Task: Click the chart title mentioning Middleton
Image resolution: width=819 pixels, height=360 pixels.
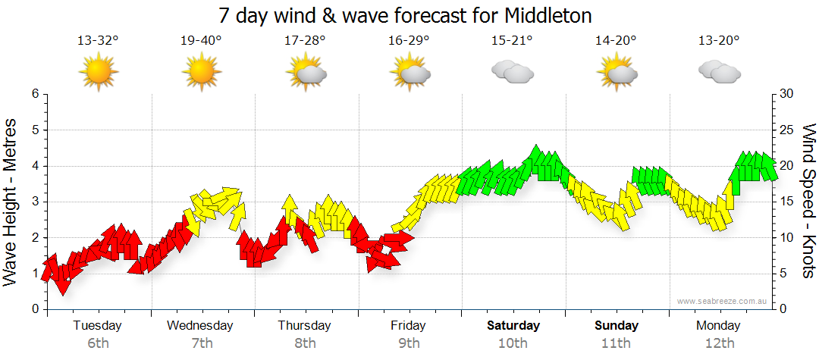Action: tap(405, 15)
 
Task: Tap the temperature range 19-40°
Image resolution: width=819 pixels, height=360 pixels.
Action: tap(202, 40)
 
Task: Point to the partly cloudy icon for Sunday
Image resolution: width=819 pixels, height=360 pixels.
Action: tap(617, 72)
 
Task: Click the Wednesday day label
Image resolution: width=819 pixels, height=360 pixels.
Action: tap(200, 326)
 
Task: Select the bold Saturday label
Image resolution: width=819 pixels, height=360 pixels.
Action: tap(513, 326)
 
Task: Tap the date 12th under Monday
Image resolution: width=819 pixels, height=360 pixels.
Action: tap(720, 343)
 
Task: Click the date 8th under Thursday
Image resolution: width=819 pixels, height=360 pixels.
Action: tap(305, 343)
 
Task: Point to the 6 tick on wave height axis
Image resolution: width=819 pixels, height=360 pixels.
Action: tap(35, 94)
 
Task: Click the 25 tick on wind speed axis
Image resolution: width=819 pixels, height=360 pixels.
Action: tap(784, 130)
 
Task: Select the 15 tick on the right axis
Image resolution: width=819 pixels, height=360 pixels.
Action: tap(784, 202)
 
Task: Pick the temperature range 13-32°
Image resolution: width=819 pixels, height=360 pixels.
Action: tap(99, 40)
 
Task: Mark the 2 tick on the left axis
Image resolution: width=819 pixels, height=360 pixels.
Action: tap(35, 237)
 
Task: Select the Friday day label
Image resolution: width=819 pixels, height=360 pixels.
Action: tap(409, 326)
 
